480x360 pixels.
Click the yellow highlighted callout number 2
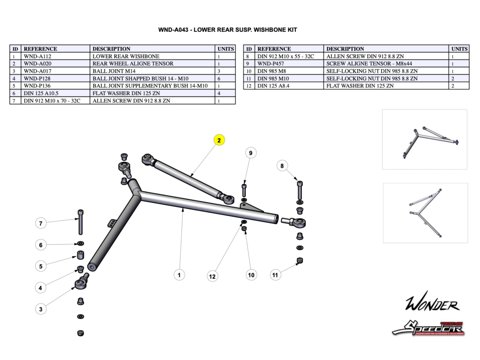pyautogui.click(x=219, y=140)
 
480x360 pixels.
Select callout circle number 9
pyautogui.click(x=251, y=153)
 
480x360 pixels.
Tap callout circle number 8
pyautogui.click(x=282, y=165)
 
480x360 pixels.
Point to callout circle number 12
pyautogui.click(x=212, y=277)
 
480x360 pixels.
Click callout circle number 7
pyautogui.click(x=41, y=224)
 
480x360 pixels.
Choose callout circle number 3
pyautogui.click(x=41, y=309)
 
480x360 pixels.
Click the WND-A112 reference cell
pyautogui.click(x=55, y=56)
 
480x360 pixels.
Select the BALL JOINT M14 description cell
pyautogui.click(x=152, y=71)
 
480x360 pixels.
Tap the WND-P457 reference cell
pyautogui.click(x=289, y=64)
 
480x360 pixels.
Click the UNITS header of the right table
pyautogui.click(x=459, y=49)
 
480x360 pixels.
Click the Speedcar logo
pyautogui.click(x=428, y=328)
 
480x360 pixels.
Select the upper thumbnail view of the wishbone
pyautogui.click(x=424, y=139)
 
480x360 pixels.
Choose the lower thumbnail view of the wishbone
pyautogui.click(x=425, y=213)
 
